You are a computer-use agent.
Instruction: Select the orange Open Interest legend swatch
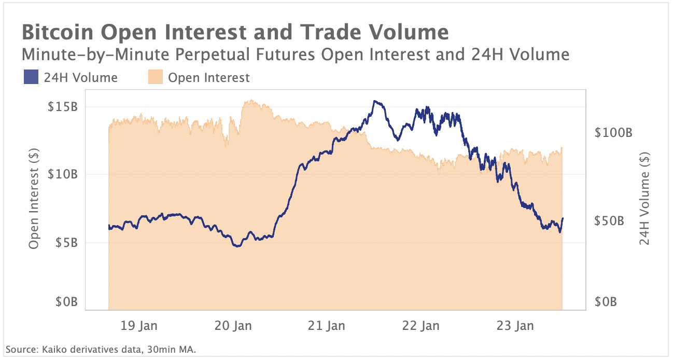[x=155, y=78]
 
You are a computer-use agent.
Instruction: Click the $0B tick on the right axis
[x=605, y=301]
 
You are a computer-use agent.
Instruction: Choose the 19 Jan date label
[x=139, y=326]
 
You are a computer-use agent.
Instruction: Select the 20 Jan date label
[x=233, y=326]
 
